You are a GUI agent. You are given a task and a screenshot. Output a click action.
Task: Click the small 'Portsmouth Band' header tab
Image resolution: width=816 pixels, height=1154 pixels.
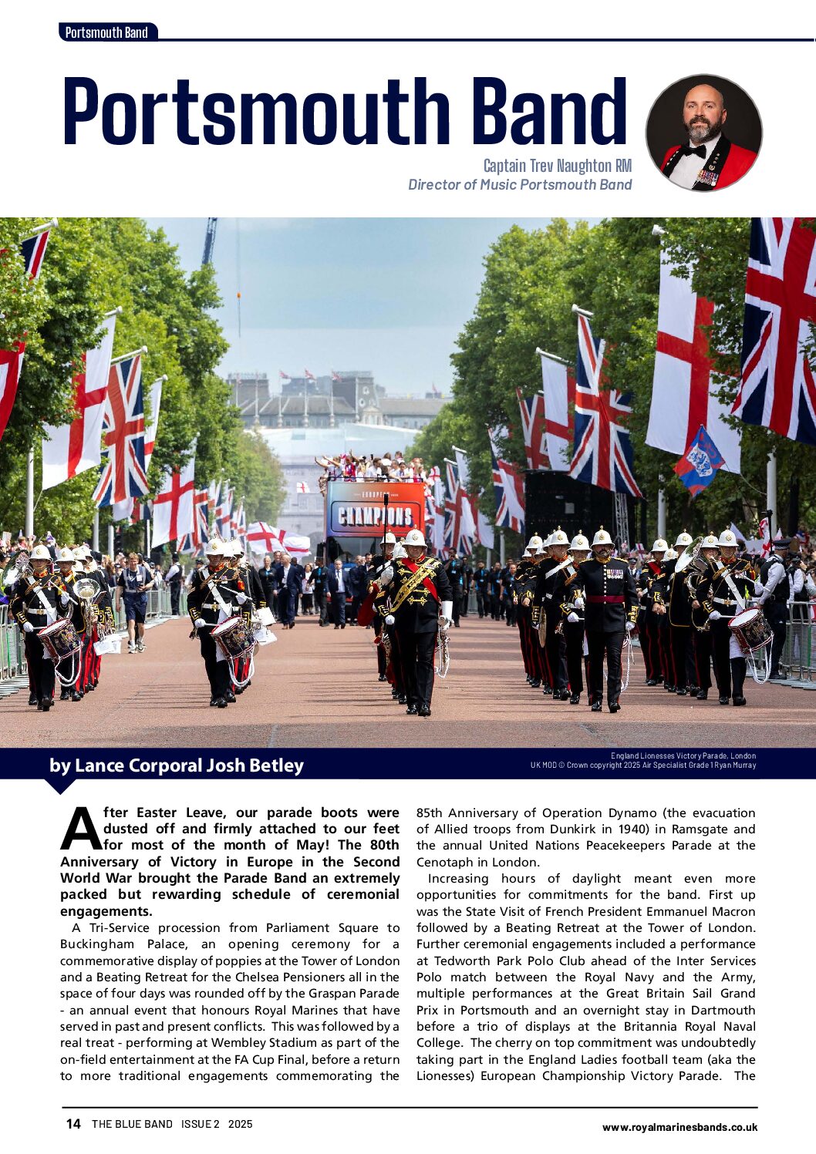(x=106, y=32)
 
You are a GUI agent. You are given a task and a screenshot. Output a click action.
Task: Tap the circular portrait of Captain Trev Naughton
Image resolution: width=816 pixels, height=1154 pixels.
(x=703, y=133)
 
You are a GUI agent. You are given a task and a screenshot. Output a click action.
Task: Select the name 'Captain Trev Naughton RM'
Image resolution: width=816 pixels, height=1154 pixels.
(x=557, y=166)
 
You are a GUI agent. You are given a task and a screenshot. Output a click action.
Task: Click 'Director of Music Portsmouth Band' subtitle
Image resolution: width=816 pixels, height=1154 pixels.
(x=519, y=185)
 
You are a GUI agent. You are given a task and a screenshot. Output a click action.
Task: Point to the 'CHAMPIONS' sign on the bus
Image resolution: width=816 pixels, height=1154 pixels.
(x=374, y=515)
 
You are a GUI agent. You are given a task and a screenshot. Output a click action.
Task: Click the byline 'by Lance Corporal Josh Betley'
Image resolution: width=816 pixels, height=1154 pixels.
(x=177, y=765)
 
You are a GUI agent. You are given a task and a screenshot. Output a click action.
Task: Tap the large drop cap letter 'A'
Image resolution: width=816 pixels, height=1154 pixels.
(x=80, y=829)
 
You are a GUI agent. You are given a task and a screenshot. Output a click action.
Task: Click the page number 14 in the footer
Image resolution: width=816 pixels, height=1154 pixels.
(x=73, y=1124)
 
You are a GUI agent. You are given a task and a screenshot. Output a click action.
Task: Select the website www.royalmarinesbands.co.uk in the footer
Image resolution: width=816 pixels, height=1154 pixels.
(x=679, y=1127)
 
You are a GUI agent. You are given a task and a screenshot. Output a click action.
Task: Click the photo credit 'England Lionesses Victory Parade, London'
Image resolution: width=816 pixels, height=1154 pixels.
(x=683, y=756)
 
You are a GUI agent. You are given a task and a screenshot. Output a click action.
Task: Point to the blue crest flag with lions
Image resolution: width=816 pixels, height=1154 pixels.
(x=699, y=461)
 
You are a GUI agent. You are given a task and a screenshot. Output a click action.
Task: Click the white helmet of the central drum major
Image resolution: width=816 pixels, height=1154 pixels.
(x=414, y=537)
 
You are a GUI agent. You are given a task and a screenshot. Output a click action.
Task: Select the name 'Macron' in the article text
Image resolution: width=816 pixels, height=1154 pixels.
(x=733, y=911)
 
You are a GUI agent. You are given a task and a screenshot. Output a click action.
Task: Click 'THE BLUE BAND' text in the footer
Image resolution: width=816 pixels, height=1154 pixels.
(x=132, y=1124)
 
